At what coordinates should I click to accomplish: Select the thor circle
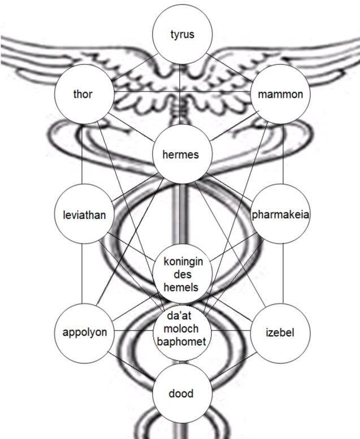[x=83, y=94]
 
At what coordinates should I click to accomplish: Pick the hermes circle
[x=181, y=154]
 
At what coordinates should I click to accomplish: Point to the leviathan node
[x=84, y=215]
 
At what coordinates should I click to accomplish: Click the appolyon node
[x=84, y=332]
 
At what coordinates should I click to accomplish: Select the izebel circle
[x=281, y=332]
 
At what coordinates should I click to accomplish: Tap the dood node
[x=181, y=393]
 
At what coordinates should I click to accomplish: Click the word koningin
[x=182, y=262]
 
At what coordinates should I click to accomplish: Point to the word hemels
[x=181, y=287]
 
